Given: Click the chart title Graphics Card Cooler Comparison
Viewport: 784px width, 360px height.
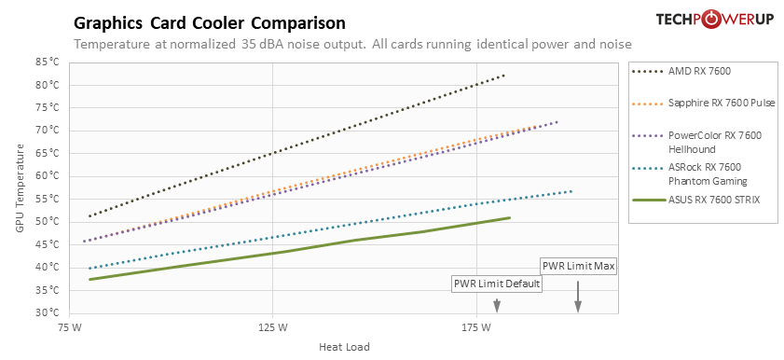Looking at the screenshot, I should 209,22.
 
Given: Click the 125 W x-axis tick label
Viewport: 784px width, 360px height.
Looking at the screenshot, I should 273,328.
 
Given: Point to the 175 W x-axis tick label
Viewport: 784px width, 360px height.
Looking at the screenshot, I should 476,328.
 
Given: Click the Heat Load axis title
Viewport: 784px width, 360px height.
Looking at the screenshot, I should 344,348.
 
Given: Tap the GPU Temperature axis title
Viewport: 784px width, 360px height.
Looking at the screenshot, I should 21,187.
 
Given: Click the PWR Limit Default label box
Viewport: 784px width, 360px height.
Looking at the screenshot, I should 496,284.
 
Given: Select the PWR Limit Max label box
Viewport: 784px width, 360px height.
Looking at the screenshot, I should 578,266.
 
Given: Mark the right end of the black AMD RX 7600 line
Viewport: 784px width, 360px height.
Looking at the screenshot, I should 504,76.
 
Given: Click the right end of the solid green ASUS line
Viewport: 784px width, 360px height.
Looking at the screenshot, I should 510,217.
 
